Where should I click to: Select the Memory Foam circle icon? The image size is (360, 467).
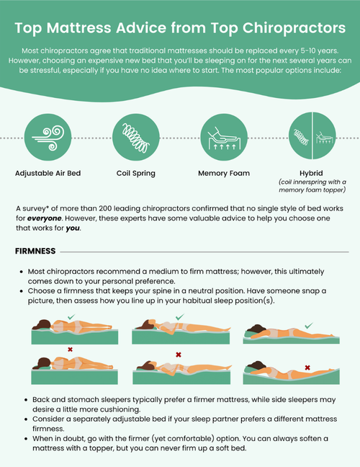coord(224,137)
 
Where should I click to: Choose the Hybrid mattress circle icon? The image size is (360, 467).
coord(312,137)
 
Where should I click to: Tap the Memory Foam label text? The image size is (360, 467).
coord(224,174)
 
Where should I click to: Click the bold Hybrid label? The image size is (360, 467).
coord(312,173)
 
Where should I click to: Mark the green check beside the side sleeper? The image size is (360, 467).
coord(308,326)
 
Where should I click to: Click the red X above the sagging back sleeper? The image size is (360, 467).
coord(70,350)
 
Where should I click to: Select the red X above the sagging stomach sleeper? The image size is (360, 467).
coord(179,355)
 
